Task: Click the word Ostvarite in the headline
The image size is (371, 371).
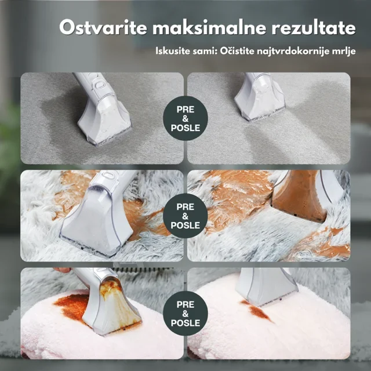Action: click(103, 28)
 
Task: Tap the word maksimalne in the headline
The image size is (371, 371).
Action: click(209, 28)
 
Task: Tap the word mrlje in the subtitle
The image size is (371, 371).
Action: click(344, 52)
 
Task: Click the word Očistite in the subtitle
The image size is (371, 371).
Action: click(237, 51)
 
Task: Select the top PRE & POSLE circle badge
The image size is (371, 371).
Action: click(185, 118)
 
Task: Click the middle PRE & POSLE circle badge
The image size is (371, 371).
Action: click(185, 216)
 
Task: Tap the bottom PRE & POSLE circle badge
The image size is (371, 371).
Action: click(185, 313)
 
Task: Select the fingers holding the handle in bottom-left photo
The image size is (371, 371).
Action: click(62, 270)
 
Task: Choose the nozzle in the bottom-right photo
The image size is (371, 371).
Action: click(267, 288)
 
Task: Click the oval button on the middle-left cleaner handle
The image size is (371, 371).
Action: click(109, 175)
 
